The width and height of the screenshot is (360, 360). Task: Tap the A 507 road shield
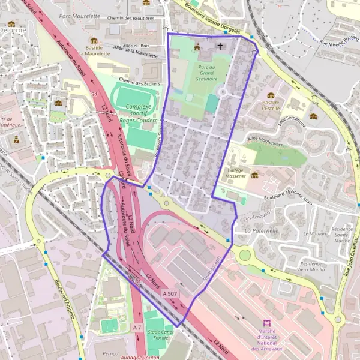(x=169, y=293)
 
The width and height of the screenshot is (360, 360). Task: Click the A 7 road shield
(x=137, y=328)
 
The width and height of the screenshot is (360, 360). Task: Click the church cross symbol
(x=220, y=46)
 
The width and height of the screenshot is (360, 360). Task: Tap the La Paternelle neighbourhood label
(x=262, y=230)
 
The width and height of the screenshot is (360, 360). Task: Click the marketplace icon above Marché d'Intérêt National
(x=268, y=324)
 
